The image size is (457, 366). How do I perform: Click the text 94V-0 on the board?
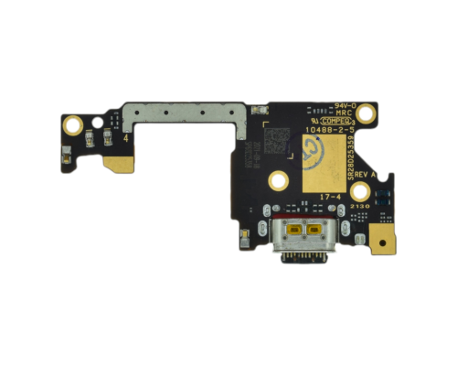pyautogui.click(x=345, y=106)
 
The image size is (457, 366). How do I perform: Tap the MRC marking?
pyautogui.click(x=345, y=113)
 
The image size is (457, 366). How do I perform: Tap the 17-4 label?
pyautogui.click(x=329, y=195)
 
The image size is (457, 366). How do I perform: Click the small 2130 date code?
pyautogui.click(x=359, y=206)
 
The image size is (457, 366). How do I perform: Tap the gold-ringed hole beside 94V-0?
pyautogui.click(x=367, y=113)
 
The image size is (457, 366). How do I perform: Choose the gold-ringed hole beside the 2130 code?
pyautogui.click(x=361, y=190)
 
